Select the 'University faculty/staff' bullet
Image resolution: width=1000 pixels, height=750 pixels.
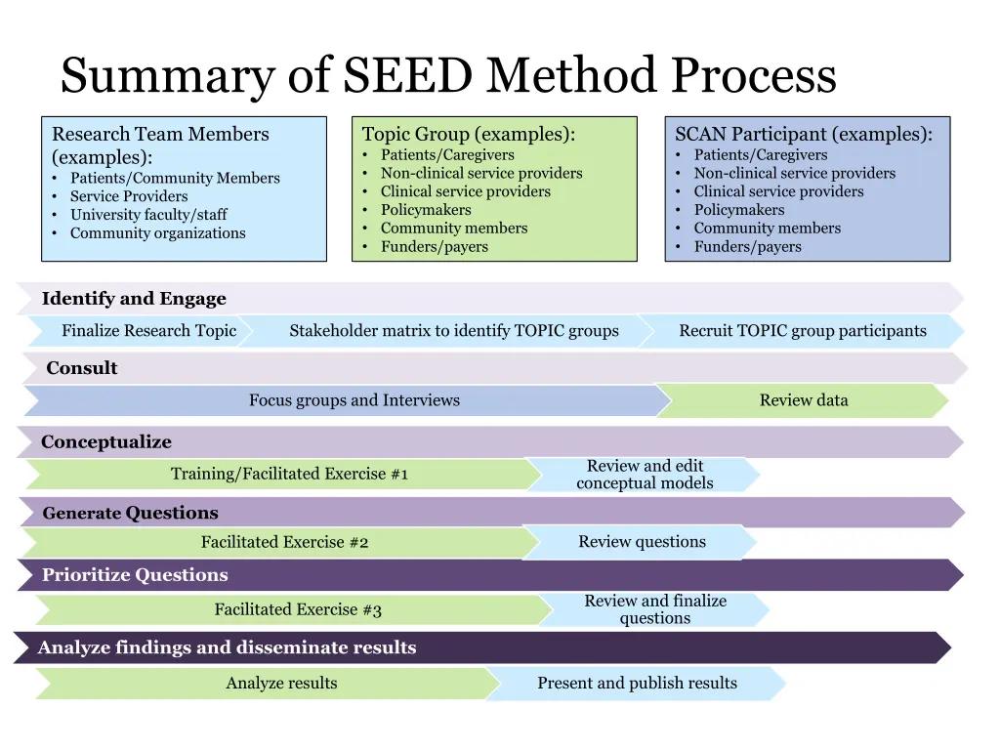point(148,215)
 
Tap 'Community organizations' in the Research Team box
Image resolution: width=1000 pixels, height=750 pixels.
point(157,233)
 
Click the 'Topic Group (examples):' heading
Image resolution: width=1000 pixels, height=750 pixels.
point(468,135)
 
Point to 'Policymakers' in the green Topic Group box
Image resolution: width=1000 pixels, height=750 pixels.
point(425,210)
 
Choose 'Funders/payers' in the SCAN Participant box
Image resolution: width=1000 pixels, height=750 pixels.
point(747,247)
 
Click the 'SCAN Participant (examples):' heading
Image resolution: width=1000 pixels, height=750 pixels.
point(803,135)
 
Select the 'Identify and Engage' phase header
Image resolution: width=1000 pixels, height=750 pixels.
point(134,299)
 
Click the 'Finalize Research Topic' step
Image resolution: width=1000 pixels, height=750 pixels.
point(148,331)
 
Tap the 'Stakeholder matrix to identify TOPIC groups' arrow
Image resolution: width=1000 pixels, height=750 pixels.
point(453,331)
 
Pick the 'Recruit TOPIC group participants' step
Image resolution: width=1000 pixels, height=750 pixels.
point(802,331)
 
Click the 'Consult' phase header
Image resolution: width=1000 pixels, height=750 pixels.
point(82,368)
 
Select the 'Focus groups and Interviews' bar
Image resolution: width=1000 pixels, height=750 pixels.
point(354,400)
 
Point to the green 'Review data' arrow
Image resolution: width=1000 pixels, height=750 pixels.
point(803,400)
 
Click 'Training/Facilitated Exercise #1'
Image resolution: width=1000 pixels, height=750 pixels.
point(289,475)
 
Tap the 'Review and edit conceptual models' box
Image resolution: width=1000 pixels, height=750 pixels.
point(645,475)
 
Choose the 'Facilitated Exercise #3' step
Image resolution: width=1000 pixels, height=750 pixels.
point(298,610)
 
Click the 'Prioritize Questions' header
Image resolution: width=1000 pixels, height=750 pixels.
point(135,575)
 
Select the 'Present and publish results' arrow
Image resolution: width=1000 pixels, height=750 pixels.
point(637,684)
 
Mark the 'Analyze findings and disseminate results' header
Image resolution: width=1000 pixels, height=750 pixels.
point(227,647)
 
